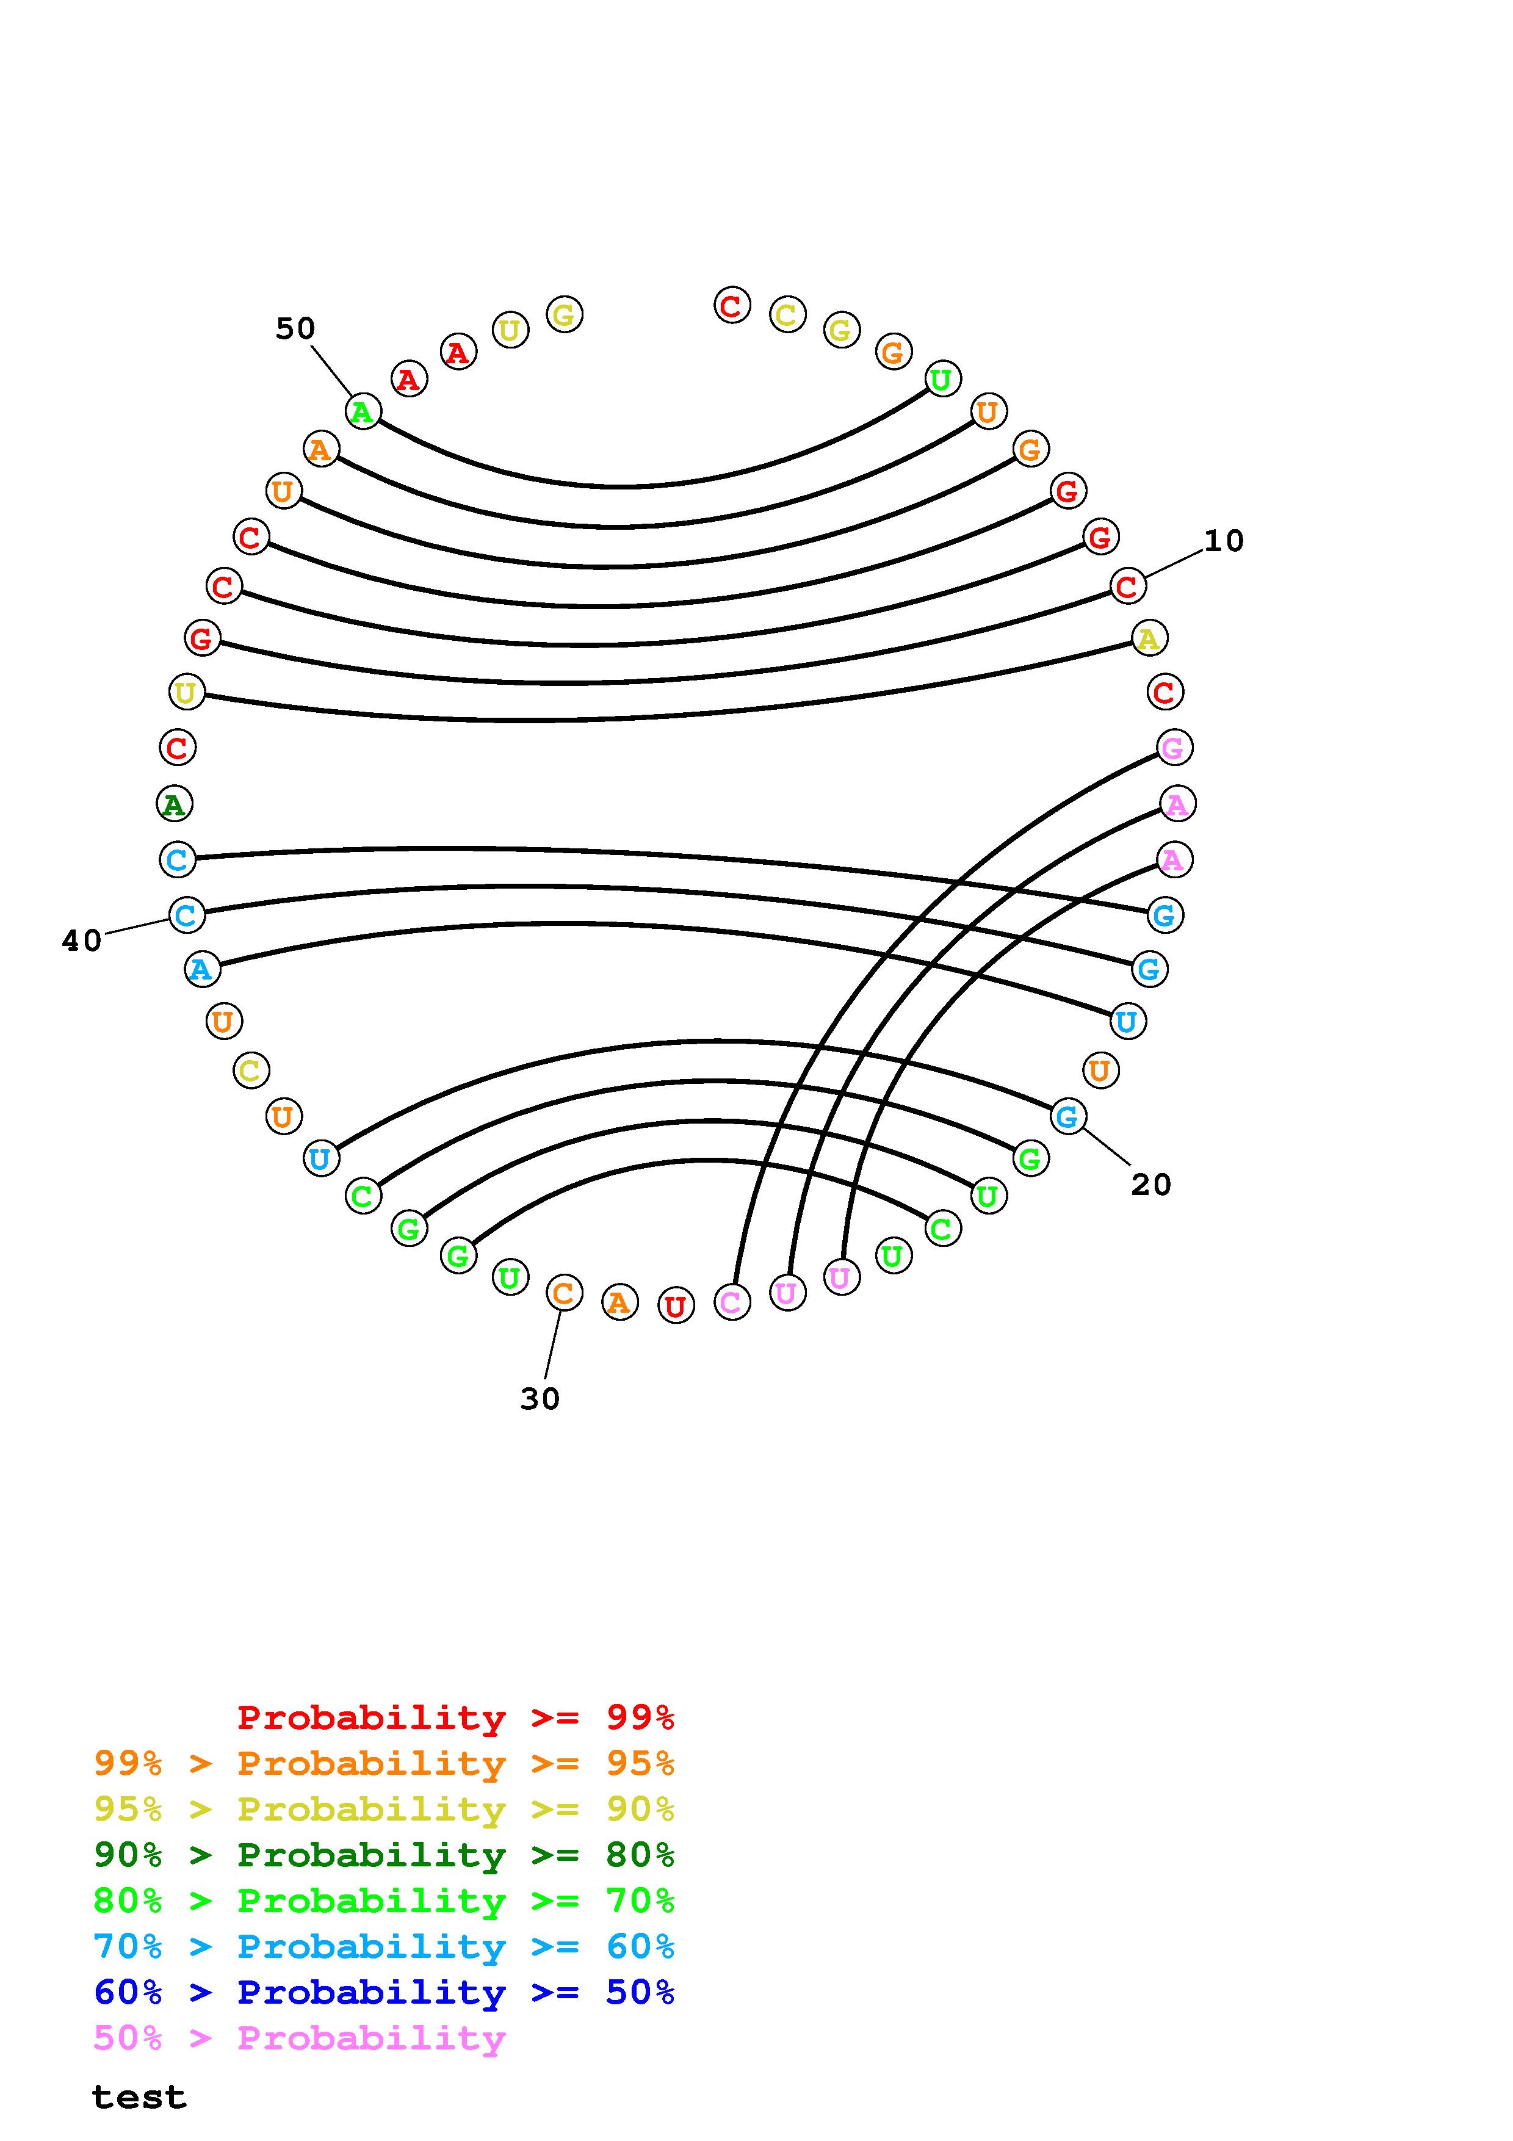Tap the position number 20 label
1150,1185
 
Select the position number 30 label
540,1399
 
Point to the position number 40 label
81,941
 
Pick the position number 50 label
295,328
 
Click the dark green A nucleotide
175,804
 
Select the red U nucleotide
676,1305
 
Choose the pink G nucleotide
1174,747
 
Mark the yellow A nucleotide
1149,639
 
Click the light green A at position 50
363,411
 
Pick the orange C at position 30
563,1293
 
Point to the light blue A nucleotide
201,970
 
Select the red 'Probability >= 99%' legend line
455,1717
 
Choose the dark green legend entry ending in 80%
384,1855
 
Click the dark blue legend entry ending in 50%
384,1992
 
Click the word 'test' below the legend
139,2097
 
